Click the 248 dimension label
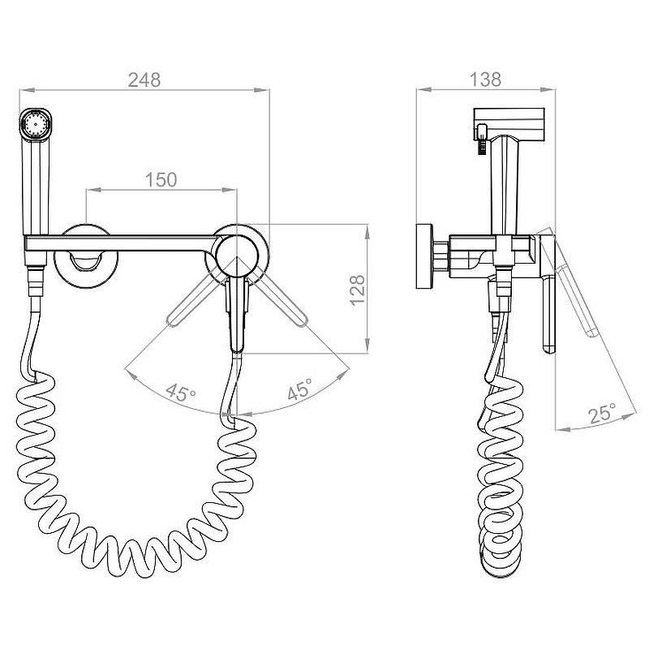[144, 80]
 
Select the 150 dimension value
[161, 179]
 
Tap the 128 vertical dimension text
[358, 290]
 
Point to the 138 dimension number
[485, 80]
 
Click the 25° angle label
[602, 413]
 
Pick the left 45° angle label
[180, 392]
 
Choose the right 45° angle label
[300, 389]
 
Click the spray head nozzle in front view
[37, 124]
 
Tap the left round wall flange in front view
[86, 256]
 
